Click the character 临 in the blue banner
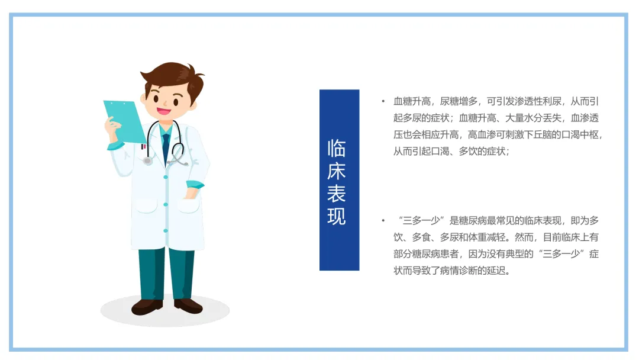point(337,149)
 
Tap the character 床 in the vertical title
point(337,171)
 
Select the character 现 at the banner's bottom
point(337,216)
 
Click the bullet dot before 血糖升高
point(383,101)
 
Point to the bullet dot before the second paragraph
point(383,221)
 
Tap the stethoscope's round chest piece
point(147,161)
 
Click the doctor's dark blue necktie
point(166,147)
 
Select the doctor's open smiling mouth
point(164,111)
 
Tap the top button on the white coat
point(166,177)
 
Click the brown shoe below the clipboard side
point(147,307)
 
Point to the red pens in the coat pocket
point(143,146)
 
